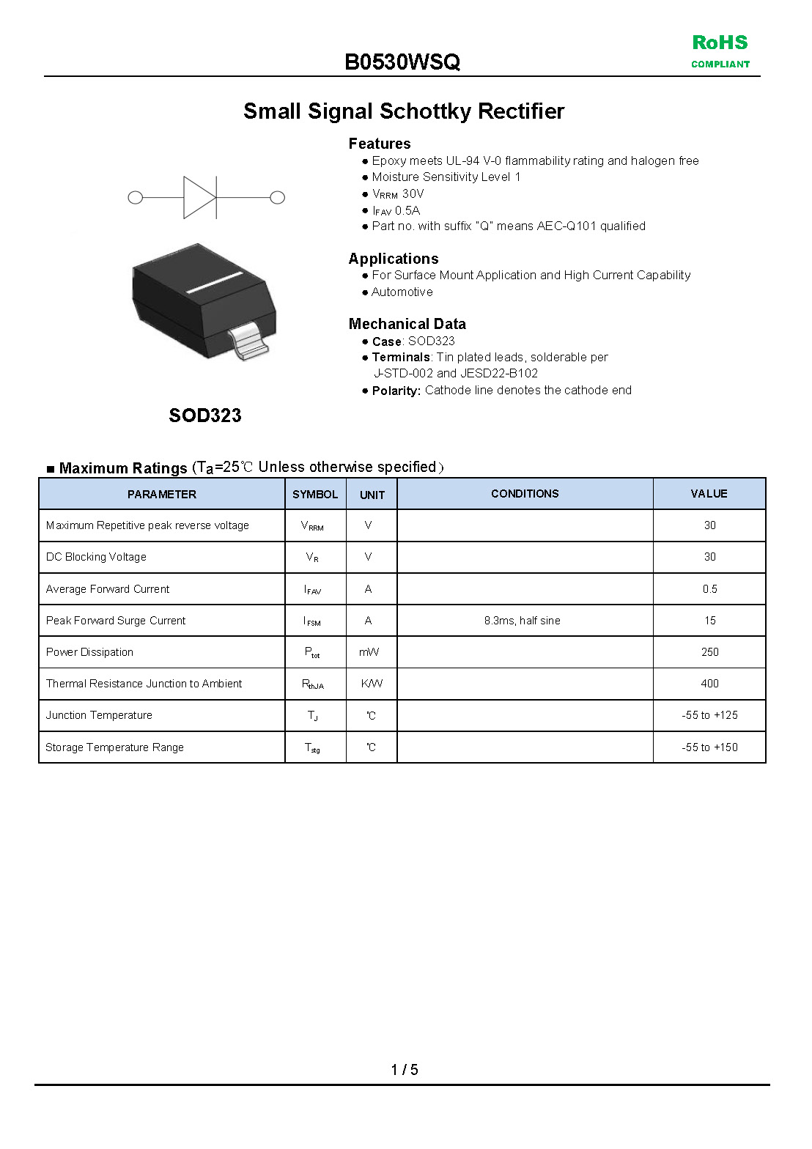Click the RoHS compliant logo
point(720,51)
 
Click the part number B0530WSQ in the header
point(402,62)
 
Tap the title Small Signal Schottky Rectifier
point(404,111)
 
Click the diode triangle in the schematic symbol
point(199,197)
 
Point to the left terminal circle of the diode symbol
point(136,197)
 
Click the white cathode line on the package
point(215,282)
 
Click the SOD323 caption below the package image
point(205,415)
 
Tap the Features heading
point(380,144)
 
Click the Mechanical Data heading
point(407,324)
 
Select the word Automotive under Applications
point(402,292)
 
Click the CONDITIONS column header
point(525,494)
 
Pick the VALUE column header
point(709,494)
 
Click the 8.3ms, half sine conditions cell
point(522,621)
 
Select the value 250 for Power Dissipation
point(709,652)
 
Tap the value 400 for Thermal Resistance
point(709,684)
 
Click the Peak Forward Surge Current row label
point(116,621)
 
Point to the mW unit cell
point(369,652)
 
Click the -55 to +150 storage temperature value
point(709,747)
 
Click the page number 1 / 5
point(405,1070)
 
